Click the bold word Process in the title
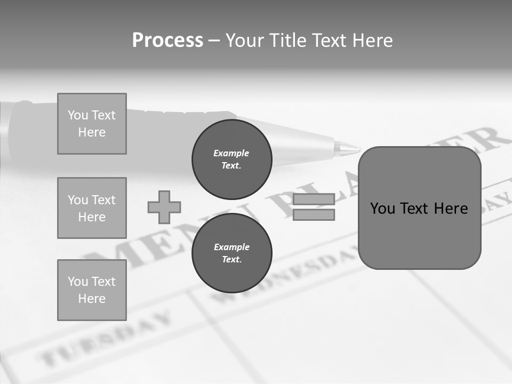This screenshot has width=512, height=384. coord(167,41)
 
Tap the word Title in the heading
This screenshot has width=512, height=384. coord(287,41)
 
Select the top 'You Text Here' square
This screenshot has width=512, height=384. coord(92,124)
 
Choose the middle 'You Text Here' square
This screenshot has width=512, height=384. coord(92,208)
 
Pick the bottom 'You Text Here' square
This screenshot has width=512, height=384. coord(92,290)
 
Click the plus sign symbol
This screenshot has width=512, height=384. coord(164,207)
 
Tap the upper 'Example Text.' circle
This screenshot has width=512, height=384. coord(231,159)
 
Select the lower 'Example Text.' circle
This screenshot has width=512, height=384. coord(231,253)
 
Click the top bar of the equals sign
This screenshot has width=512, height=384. coord(314,199)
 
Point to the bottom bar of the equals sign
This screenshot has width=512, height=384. coord(314,214)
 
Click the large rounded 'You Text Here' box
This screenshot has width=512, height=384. coord(419,208)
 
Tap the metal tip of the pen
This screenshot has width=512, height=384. coord(347,149)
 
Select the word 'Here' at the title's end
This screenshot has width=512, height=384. coord(373,41)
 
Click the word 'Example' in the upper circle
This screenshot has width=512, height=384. coord(231,153)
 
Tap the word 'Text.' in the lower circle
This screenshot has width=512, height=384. coord(231,259)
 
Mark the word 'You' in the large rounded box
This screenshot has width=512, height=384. coord(382,208)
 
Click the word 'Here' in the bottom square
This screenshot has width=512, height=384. coord(92,299)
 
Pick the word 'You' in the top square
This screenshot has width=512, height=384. coord(78,115)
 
